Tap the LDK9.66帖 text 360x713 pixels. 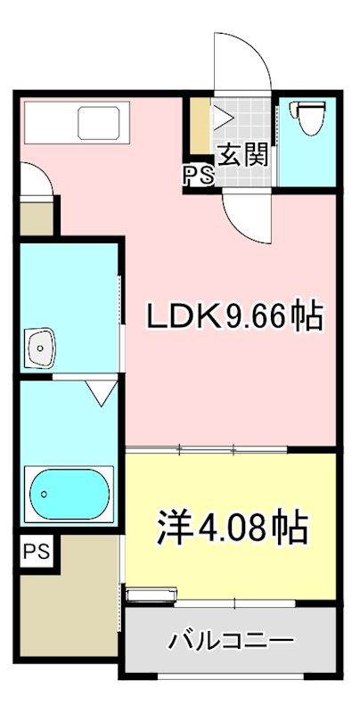[x=233, y=316]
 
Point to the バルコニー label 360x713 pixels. [x=231, y=641]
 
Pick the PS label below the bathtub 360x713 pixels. [x=37, y=550]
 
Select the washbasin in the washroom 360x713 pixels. [x=41, y=346]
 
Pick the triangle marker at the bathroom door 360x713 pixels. [x=100, y=389]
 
